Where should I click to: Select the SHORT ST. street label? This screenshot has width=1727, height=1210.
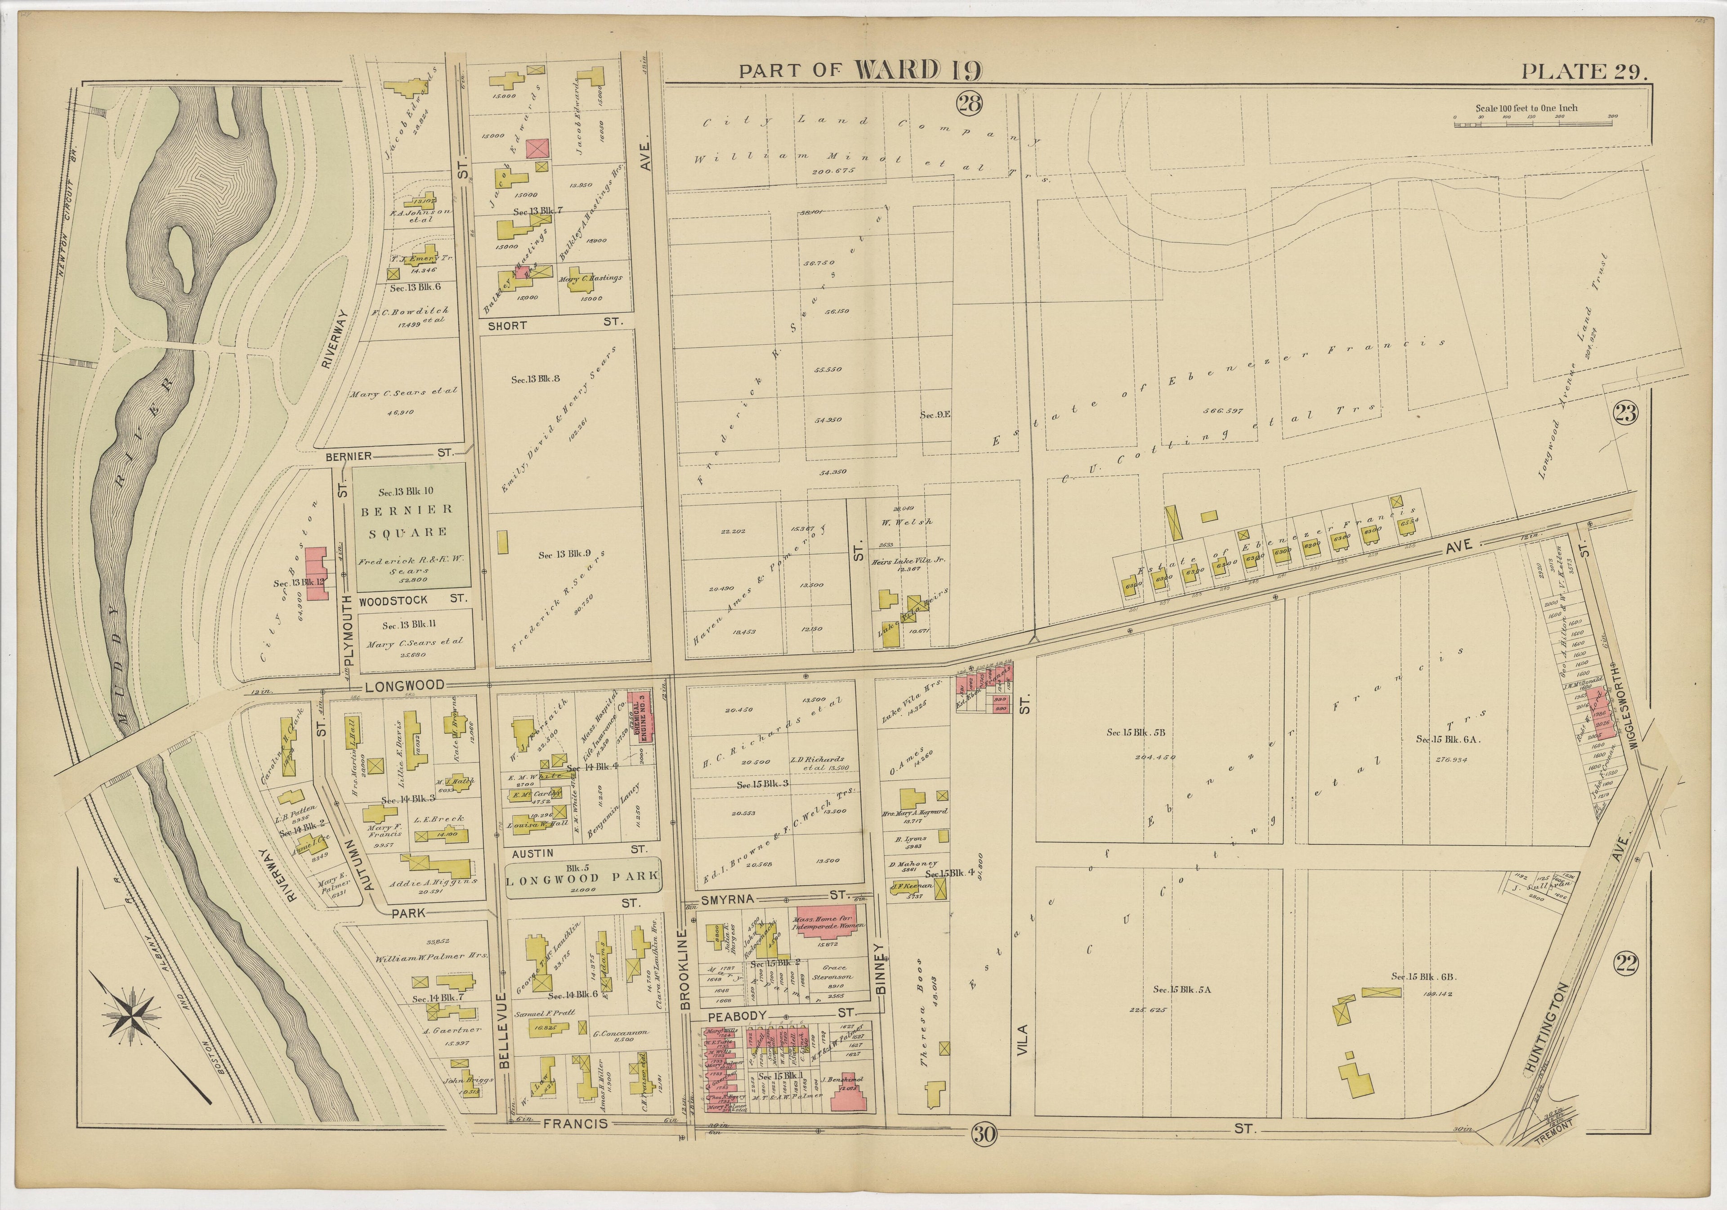(555, 326)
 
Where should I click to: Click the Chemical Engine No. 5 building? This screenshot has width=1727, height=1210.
(641, 717)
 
